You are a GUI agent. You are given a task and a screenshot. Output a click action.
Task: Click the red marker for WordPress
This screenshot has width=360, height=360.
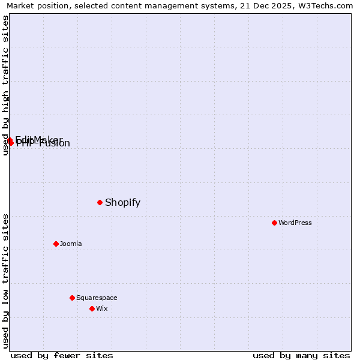[x=274, y=223]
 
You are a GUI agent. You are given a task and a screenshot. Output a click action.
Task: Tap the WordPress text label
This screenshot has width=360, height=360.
[x=295, y=223]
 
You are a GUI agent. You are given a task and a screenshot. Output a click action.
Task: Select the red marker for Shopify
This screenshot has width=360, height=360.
[x=100, y=202]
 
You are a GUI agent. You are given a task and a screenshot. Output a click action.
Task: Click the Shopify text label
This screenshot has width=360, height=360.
[x=122, y=202]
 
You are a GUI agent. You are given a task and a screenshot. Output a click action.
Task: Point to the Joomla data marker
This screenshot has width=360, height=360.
[x=56, y=244]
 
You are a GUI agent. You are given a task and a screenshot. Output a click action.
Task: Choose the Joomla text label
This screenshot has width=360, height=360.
[x=71, y=244]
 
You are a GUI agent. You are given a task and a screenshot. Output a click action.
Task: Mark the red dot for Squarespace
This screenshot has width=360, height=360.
[x=72, y=298]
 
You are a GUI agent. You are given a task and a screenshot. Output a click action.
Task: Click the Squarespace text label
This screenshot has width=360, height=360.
[x=97, y=298]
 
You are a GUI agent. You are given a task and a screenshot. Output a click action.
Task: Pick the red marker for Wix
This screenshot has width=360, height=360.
[x=92, y=308]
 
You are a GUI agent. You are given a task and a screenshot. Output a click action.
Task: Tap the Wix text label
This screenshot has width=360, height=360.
[x=101, y=308]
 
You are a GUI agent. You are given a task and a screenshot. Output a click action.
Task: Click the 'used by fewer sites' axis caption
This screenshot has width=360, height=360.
[x=62, y=355]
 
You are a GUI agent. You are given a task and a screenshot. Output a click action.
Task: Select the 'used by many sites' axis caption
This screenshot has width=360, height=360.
[x=301, y=355]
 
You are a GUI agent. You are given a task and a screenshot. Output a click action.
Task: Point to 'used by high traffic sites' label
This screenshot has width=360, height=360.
[x=6, y=85]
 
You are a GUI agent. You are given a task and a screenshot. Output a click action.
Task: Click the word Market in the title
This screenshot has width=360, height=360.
[x=20, y=5]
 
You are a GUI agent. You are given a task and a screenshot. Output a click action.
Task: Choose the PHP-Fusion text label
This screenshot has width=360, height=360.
[x=44, y=144]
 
